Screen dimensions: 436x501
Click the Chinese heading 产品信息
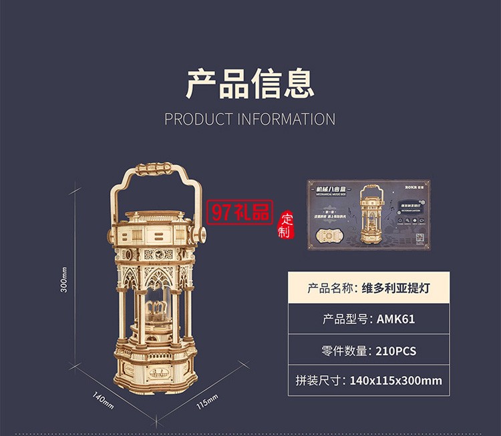tap(250, 84)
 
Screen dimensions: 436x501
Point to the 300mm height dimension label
tap(64, 280)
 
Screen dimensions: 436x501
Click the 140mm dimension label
tap(103, 401)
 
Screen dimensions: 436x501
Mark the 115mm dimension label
tap(208, 403)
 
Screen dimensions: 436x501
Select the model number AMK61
tap(395, 318)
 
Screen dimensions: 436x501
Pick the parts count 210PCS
tap(396, 350)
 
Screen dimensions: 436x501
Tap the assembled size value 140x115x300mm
tap(396, 381)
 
